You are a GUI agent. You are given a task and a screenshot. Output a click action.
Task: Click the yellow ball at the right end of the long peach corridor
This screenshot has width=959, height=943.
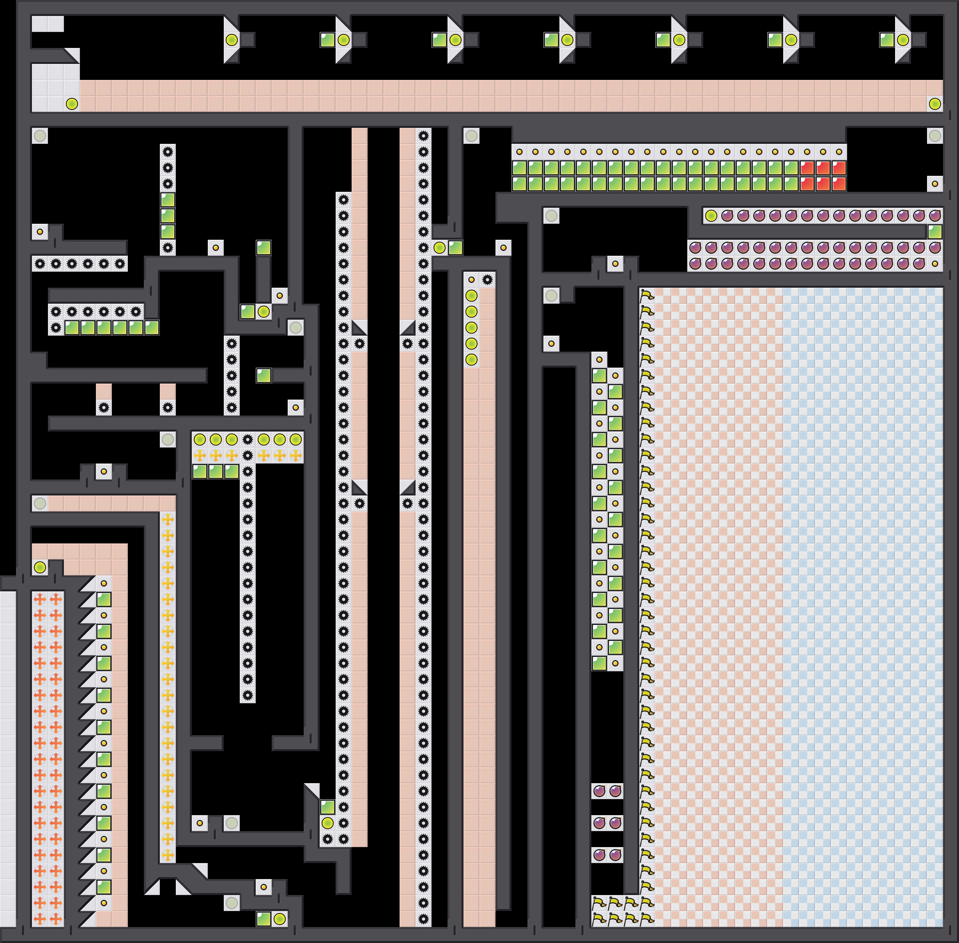(x=934, y=104)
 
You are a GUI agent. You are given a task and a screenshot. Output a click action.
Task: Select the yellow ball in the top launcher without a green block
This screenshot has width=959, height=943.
(x=231, y=40)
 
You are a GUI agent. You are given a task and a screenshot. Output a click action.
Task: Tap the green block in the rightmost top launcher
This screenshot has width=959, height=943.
(x=887, y=40)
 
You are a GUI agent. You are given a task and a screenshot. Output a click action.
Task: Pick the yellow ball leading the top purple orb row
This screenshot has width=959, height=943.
(x=711, y=216)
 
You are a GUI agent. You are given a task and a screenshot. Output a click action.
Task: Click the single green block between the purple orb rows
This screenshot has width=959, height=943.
(x=934, y=232)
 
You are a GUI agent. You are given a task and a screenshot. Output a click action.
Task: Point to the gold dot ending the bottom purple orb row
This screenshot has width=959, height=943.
(x=934, y=263)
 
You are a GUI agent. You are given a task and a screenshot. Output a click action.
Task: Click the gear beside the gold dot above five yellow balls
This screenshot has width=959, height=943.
(x=487, y=280)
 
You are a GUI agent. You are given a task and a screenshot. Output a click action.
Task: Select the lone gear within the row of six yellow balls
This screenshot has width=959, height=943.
(x=248, y=439)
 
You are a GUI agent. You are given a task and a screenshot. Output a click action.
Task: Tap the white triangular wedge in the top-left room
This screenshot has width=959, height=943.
(x=72, y=56)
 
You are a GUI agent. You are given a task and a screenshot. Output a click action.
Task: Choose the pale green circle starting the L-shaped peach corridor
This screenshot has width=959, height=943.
(x=40, y=503)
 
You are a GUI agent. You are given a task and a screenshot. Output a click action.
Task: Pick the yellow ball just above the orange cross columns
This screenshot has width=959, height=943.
(x=40, y=567)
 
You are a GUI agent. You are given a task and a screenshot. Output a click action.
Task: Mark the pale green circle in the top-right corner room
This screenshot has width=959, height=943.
(x=934, y=136)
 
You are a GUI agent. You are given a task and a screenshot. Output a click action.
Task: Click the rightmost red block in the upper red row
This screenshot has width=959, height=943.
(x=839, y=168)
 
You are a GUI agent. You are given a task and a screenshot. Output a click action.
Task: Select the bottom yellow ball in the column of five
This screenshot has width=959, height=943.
(x=471, y=360)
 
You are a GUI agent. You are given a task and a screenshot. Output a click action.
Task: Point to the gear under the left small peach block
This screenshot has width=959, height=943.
(x=104, y=408)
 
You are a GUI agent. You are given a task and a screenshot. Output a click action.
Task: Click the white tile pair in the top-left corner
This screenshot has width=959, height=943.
(x=48, y=24)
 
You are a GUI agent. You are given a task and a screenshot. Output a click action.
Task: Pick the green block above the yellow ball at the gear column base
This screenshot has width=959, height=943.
(x=327, y=807)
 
